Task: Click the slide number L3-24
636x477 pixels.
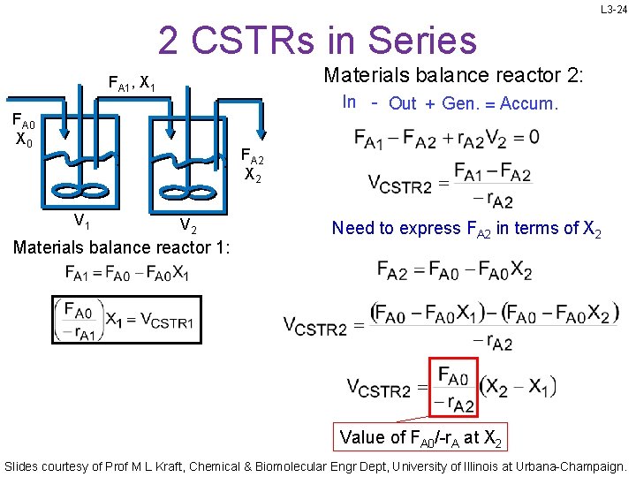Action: (613, 11)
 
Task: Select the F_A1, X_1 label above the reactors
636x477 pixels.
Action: (132, 85)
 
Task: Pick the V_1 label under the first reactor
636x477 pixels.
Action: (80, 221)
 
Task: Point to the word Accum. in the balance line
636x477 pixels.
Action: (528, 103)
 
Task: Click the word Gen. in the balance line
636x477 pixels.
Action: (459, 103)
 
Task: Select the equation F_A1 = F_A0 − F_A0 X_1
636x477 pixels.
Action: (126, 272)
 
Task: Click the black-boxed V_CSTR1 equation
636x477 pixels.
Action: (123, 320)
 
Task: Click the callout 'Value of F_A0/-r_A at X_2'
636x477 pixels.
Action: (421, 436)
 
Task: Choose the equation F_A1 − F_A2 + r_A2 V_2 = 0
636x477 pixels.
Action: (446, 138)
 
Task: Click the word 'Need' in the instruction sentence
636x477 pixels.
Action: (352, 228)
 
